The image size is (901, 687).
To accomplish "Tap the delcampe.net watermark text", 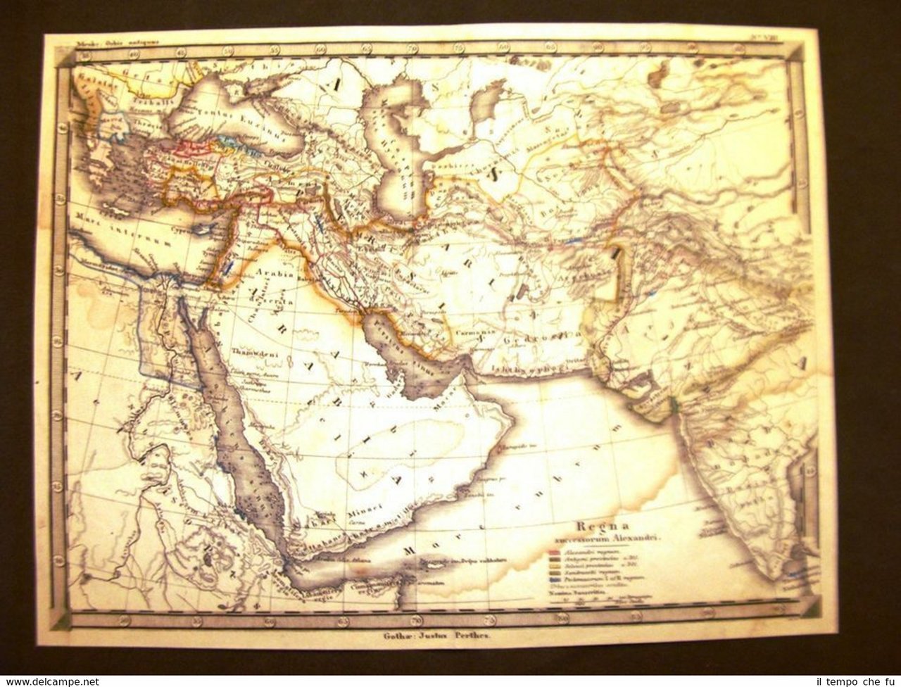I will pos(50,681).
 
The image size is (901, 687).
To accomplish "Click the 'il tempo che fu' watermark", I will pos(852,681).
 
